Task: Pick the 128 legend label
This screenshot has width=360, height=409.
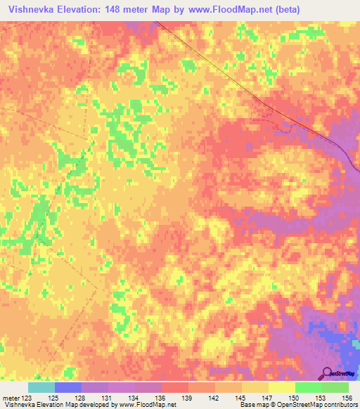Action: [x=81, y=398]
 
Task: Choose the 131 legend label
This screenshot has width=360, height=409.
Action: [x=108, y=398]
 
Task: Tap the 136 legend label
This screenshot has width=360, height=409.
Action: [x=162, y=398]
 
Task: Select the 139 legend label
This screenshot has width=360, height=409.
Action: [x=188, y=398]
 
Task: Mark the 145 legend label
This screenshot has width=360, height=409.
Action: [x=242, y=398]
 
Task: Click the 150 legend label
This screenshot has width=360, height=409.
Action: [x=295, y=398]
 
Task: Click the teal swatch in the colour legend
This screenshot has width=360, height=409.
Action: [x=41, y=387]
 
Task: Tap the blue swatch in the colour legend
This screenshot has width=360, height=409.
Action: [x=68, y=387]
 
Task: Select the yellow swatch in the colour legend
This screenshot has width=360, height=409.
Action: [x=282, y=387]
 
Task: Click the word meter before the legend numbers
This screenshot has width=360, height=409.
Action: [x=11, y=398]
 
